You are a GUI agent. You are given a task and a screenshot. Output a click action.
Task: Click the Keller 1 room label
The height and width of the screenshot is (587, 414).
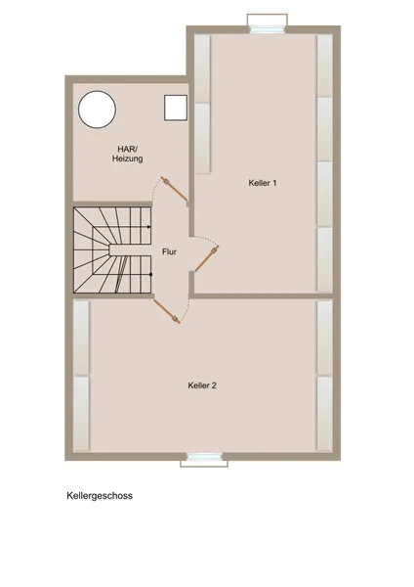point(263,183)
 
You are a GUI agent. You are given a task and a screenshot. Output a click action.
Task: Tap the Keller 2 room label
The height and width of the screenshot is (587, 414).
point(202,385)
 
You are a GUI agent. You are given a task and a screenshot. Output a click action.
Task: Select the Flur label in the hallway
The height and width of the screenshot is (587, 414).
point(169,251)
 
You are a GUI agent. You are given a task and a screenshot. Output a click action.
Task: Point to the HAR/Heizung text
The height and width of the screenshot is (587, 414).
point(127,154)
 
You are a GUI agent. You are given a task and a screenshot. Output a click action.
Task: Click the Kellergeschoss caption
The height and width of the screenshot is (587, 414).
point(100,496)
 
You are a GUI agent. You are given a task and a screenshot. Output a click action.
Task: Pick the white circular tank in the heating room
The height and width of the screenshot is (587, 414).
point(97,110)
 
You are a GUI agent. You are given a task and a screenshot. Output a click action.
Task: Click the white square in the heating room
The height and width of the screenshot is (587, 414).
point(176,108)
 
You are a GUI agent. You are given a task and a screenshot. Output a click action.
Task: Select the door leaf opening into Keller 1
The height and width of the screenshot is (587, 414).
point(207,258)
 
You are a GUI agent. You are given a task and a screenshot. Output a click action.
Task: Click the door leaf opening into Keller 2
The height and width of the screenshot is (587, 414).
point(167,311)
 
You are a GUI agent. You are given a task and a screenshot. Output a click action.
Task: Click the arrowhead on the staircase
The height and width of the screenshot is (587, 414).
point(148,227)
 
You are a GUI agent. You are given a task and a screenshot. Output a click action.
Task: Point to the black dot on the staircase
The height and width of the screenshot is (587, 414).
point(150,274)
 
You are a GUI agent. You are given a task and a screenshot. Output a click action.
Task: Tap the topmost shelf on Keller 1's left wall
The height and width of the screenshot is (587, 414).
point(203,68)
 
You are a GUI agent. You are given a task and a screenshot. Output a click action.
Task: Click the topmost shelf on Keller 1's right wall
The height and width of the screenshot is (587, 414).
point(325,66)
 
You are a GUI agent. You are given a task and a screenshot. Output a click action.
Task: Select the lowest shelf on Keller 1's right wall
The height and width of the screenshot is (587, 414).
point(325,259)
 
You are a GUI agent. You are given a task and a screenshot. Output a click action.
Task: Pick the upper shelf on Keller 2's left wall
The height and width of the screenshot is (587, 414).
point(81,338)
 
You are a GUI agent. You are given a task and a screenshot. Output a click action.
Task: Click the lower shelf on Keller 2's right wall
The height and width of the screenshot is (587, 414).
point(325,413)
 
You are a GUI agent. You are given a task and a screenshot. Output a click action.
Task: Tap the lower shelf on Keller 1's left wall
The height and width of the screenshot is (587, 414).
point(203,138)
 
